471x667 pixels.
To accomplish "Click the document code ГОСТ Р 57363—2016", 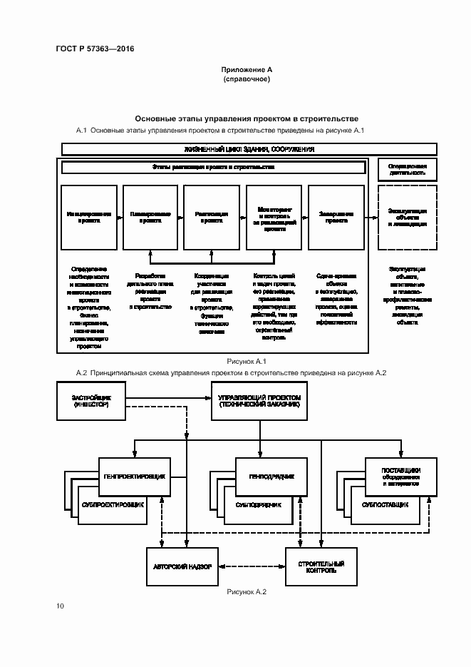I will (95, 49).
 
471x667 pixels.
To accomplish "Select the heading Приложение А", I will (247, 70).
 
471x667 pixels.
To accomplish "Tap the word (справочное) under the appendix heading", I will (247, 79).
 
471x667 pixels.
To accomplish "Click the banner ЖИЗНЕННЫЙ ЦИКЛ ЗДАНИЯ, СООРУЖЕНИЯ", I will (249, 149).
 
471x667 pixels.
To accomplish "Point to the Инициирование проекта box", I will (89, 218).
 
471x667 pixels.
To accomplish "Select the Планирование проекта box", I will (150, 218).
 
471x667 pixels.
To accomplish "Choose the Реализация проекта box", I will (212, 218).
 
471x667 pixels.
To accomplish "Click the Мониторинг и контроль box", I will (273, 218).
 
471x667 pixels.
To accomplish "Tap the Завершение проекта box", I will (335, 218).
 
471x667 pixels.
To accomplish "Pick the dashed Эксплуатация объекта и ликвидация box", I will (407, 218).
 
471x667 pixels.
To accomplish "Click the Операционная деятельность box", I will (407, 168).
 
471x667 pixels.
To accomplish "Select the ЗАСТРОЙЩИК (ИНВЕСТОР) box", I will (90, 401).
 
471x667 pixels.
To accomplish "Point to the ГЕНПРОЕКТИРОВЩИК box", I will (135, 477).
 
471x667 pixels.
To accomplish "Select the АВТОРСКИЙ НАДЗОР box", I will (182, 566).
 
